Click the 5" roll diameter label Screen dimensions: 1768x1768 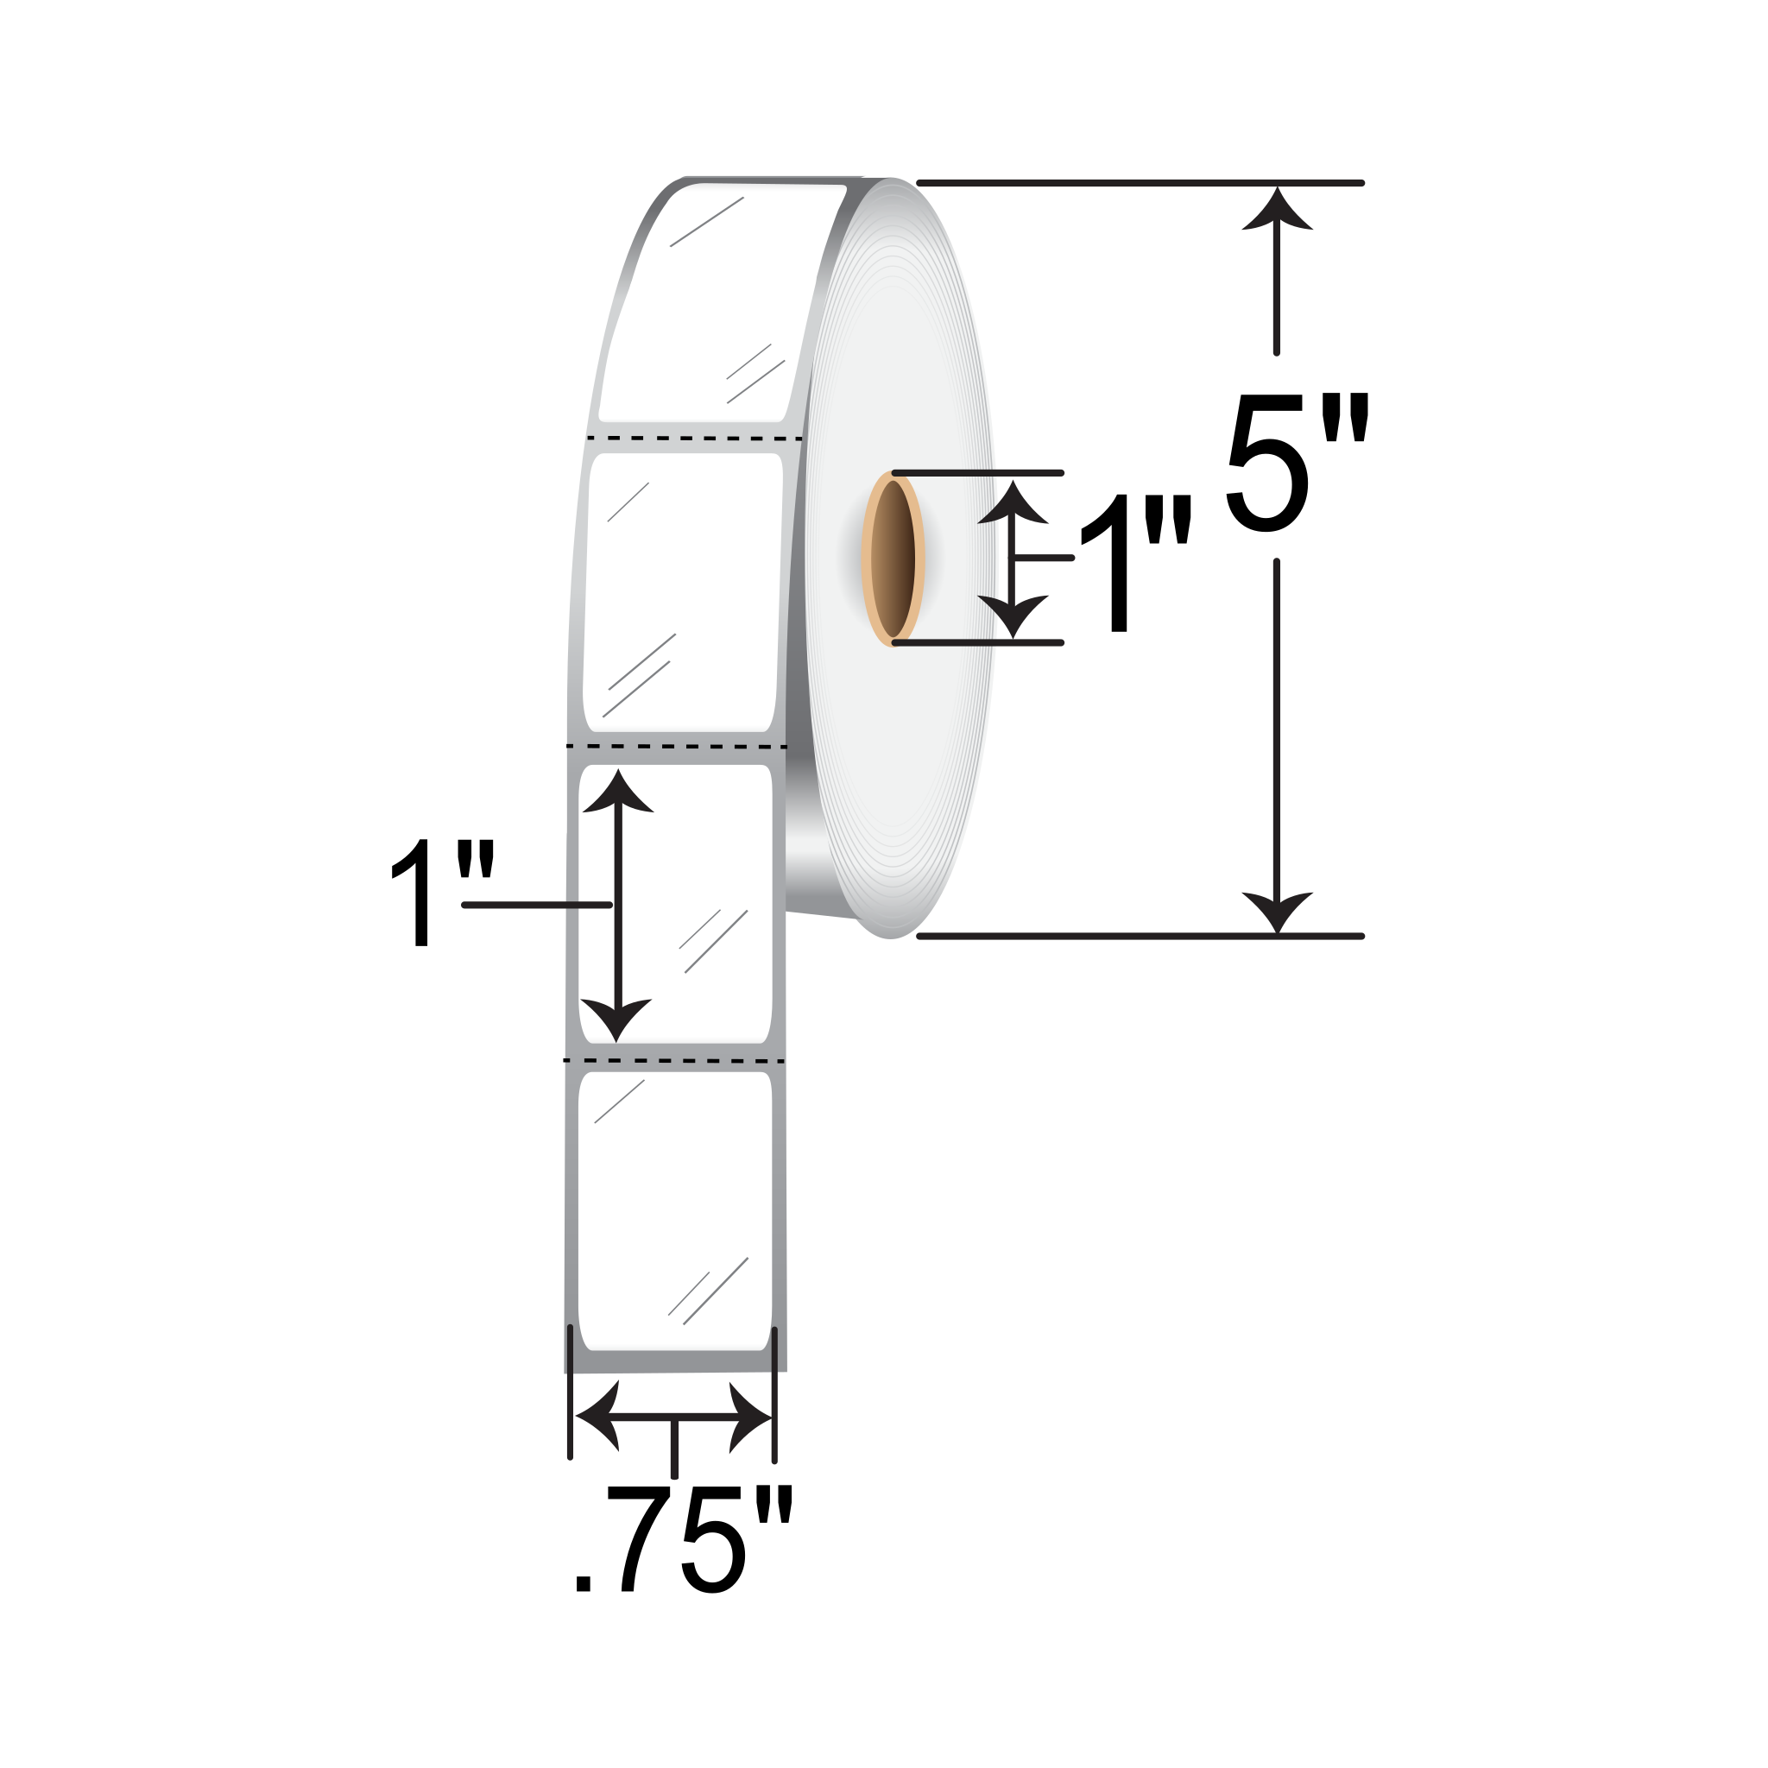1297,462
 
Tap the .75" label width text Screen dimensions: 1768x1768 682,1552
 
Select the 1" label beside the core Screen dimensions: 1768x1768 1134,562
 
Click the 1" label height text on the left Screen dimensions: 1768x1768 441,893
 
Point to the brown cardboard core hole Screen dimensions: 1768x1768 893,559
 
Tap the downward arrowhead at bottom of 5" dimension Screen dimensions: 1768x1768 1277,911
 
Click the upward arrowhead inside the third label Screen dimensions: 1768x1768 618,792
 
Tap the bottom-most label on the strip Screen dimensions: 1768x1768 674,1213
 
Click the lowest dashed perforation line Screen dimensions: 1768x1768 674,1061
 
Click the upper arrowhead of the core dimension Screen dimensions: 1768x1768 1012,503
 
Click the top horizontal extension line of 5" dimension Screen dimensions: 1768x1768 1140,183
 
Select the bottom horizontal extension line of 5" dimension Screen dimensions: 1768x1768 1140,936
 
